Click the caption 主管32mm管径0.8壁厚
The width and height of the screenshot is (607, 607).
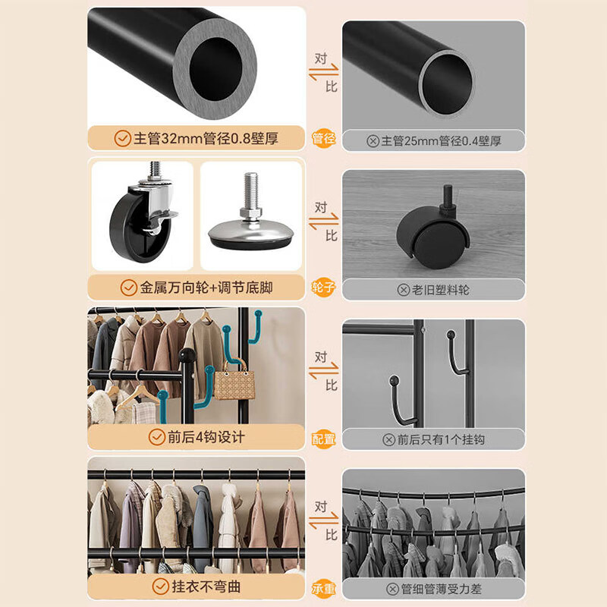point(206,139)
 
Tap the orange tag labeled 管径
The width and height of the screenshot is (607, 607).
point(323,139)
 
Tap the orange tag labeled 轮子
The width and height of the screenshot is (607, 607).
point(323,289)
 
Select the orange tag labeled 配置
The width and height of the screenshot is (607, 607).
point(323,439)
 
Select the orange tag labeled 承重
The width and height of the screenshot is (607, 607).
point(323,588)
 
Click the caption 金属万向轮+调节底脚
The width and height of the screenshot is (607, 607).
point(206,288)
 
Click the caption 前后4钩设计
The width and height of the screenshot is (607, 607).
point(206,438)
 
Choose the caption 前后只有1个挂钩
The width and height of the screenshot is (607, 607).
point(442,439)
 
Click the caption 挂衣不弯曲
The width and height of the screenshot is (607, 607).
point(206,587)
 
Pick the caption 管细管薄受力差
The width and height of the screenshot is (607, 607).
point(442,588)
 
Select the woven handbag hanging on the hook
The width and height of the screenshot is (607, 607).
point(231,383)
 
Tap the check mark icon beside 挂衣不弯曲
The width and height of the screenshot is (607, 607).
point(160,587)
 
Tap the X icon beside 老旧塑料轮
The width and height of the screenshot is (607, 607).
point(404,289)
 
